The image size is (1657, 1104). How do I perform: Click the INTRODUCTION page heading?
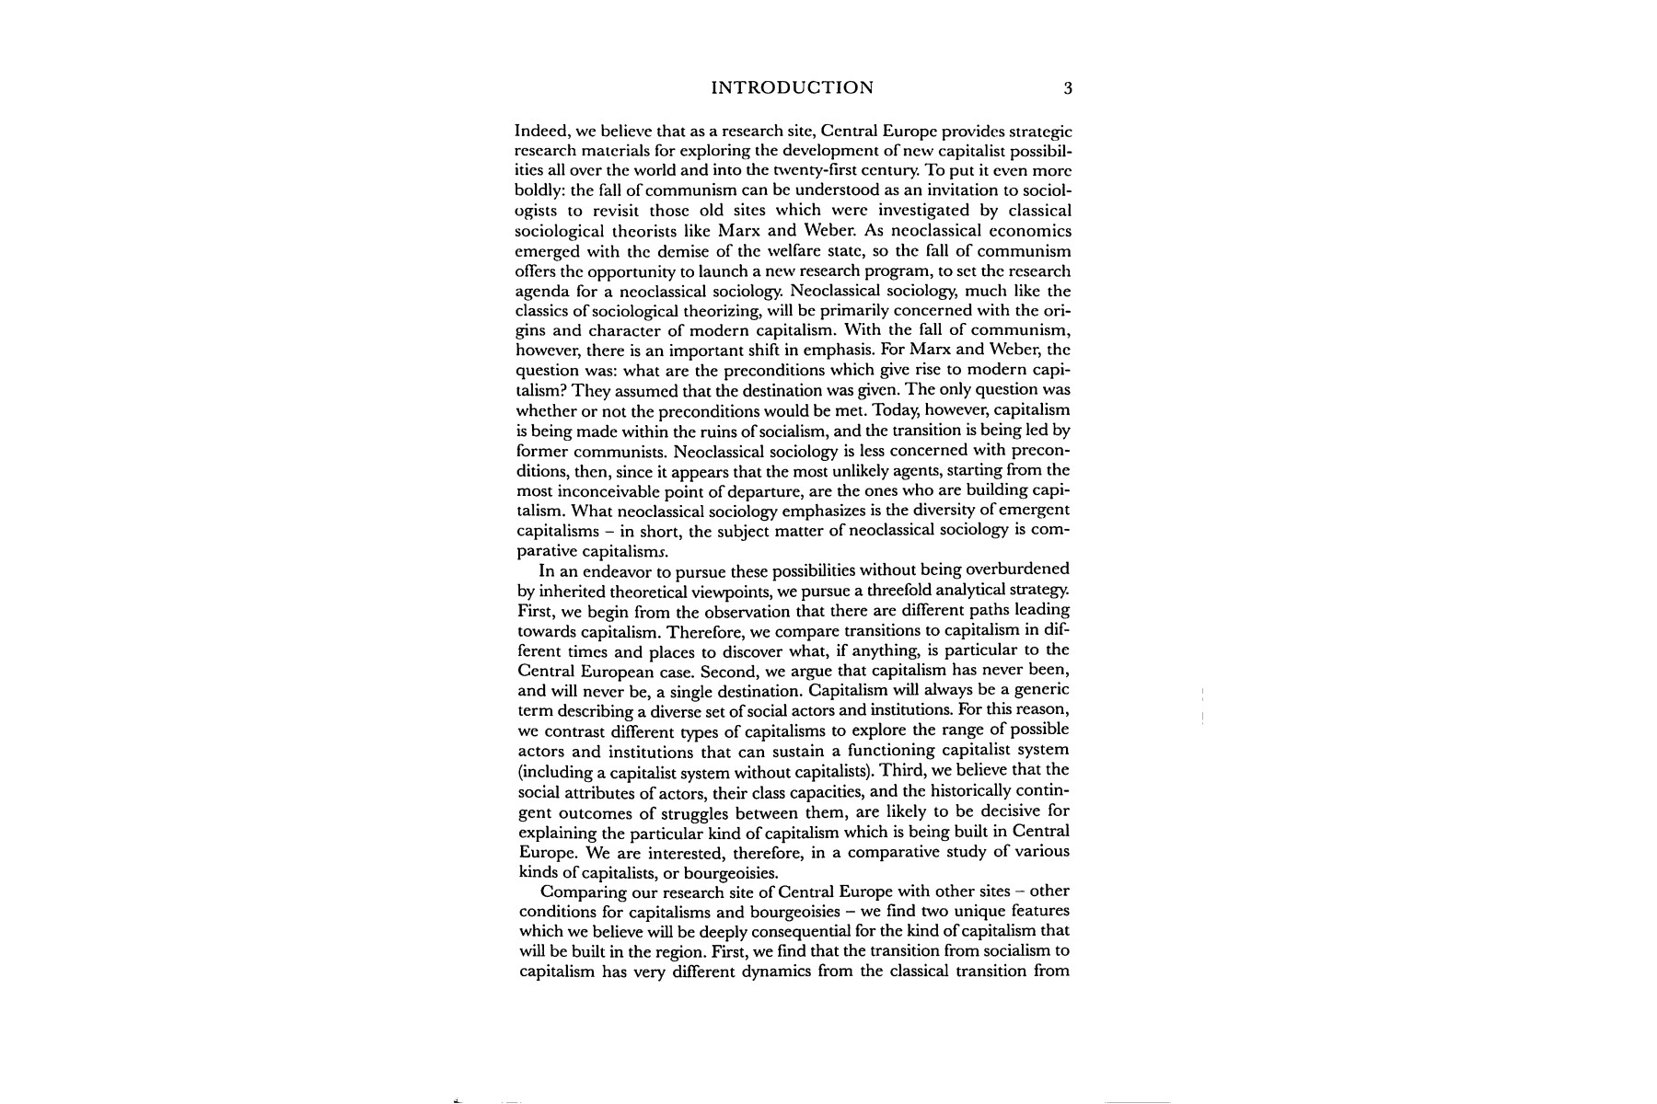click(793, 88)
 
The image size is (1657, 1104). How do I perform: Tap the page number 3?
click(1068, 88)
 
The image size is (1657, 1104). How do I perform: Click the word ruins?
click(726, 431)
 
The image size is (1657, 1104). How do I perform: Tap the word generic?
click(1039, 690)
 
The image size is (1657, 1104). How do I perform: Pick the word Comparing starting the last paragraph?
click(582, 892)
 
